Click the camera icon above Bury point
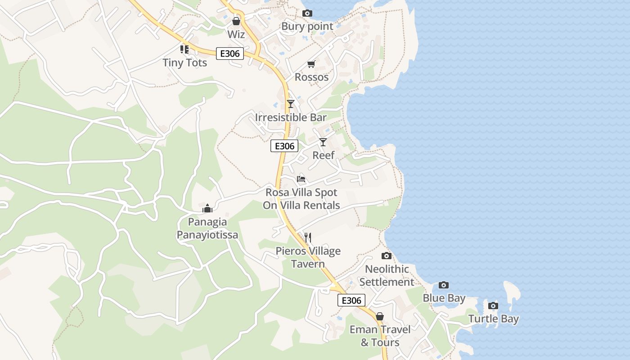pyautogui.click(x=307, y=13)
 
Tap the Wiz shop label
pyautogui.click(x=236, y=35)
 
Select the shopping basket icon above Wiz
pyautogui.click(x=236, y=21)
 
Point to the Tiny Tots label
pyautogui.click(x=185, y=63)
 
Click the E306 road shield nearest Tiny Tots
pyautogui.click(x=229, y=54)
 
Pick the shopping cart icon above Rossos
pyautogui.click(x=311, y=64)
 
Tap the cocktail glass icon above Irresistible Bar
pyautogui.click(x=291, y=104)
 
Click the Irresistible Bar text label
pyautogui.click(x=291, y=117)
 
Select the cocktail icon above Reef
pyautogui.click(x=323, y=142)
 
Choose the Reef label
pyautogui.click(x=324, y=155)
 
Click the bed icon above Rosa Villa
pyautogui.click(x=301, y=179)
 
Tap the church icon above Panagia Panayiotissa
pyautogui.click(x=207, y=208)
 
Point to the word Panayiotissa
pyautogui.click(x=207, y=235)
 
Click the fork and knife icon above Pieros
pyautogui.click(x=308, y=237)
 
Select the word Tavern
pyautogui.click(x=308, y=264)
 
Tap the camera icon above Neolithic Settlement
pyautogui.click(x=387, y=256)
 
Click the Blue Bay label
pyautogui.click(x=444, y=298)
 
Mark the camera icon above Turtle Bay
pyautogui.click(x=493, y=306)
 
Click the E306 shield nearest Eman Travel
pyautogui.click(x=351, y=300)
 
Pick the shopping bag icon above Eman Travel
pyautogui.click(x=380, y=316)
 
